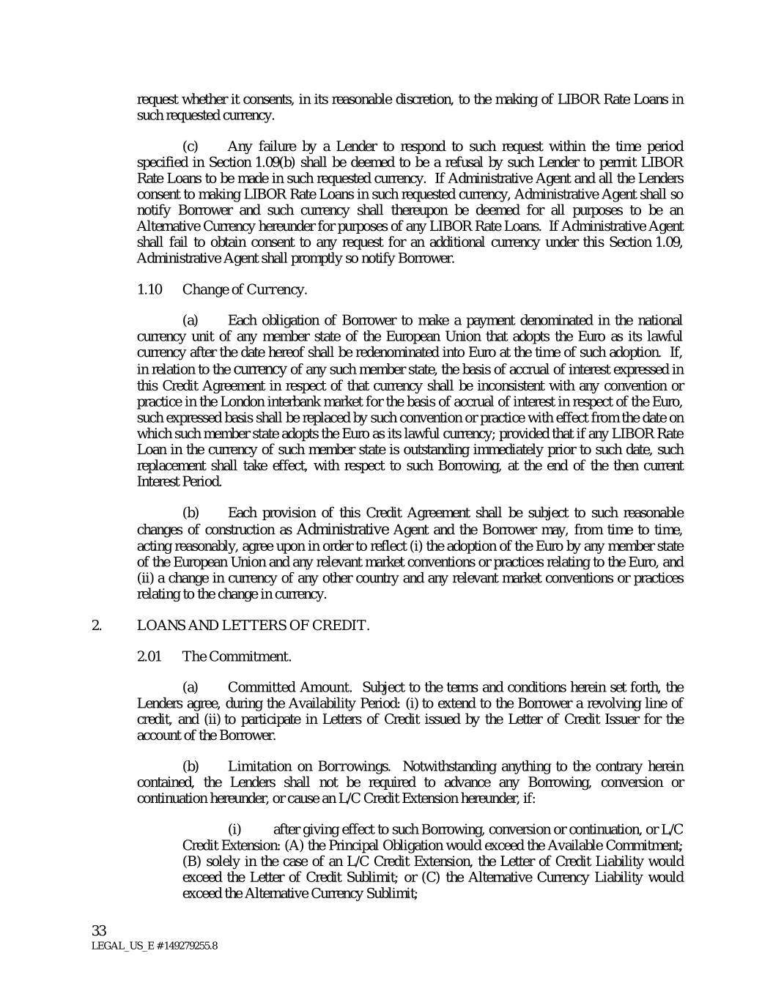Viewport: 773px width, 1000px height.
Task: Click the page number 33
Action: (x=100, y=930)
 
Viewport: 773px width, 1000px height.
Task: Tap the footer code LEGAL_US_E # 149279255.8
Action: (x=154, y=946)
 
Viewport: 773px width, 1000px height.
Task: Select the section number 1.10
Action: (x=149, y=289)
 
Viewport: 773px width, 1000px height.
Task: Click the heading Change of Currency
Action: (x=245, y=289)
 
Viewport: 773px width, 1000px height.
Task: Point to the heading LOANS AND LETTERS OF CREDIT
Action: (x=254, y=625)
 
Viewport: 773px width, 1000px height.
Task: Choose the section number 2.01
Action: (x=149, y=656)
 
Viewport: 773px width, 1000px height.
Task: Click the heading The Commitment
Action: (x=237, y=656)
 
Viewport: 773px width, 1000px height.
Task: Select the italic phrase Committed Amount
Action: (x=289, y=687)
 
